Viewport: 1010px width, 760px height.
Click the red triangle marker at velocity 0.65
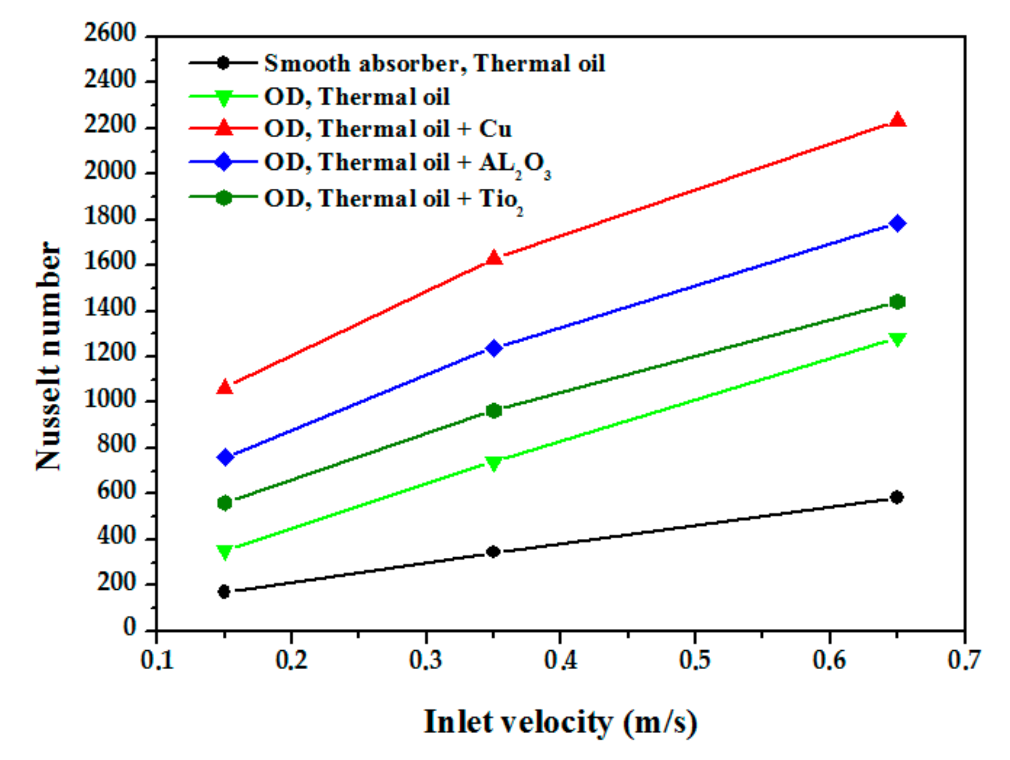pos(898,120)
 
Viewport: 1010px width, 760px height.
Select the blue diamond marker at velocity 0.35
pos(494,348)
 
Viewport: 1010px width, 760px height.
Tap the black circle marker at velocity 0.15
pos(224,592)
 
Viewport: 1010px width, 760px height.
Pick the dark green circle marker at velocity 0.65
pos(898,301)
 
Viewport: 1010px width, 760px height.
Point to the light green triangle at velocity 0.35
pos(494,462)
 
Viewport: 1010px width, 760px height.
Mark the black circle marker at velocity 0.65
pos(897,497)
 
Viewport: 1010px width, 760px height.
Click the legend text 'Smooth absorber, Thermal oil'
pos(434,63)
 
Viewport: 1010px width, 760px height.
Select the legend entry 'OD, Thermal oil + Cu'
pos(388,129)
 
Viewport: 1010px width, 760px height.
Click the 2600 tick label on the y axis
pos(110,34)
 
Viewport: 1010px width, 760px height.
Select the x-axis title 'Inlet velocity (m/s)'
pos(560,722)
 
